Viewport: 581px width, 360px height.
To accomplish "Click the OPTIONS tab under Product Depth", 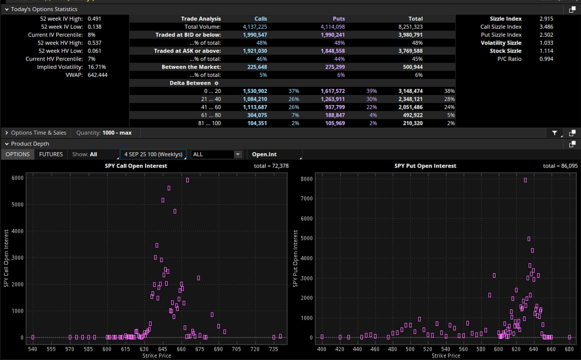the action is tap(18, 154).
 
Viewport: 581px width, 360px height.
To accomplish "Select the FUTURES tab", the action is tap(51, 154).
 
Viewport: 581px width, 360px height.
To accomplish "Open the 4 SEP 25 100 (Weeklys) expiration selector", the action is tap(153, 154).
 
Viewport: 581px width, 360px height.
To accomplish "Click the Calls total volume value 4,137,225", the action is tap(255, 27).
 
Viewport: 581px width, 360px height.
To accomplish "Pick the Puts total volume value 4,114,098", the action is tap(332, 27).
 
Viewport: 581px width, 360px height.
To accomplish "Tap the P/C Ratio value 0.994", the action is tap(546, 59).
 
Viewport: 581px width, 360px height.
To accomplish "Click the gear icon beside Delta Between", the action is tap(216, 83).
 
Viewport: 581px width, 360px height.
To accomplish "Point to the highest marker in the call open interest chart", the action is tap(188, 180).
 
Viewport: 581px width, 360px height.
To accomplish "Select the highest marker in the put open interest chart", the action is tap(525, 180).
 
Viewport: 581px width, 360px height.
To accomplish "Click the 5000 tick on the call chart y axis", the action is tap(18, 204).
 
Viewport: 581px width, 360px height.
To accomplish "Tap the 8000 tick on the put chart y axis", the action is tap(306, 179).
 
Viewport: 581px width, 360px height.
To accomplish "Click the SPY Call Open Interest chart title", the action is tap(136, 166).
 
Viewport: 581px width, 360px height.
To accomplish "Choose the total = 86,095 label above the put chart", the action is tap(560, 166).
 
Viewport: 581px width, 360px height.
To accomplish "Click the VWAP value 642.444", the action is tap(97, 75).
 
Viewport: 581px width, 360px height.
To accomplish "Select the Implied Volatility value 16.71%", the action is tap(97, 67).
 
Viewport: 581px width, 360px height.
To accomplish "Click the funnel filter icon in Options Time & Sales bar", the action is tap(554, 133).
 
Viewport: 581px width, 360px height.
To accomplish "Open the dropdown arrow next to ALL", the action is tap(237, 154).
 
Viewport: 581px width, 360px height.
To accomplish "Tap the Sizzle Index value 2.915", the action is tap(546, 19).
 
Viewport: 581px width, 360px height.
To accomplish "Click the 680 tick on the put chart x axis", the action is tap(569, 349).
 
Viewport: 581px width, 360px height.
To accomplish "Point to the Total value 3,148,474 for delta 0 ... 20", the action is tap(410, 91).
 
